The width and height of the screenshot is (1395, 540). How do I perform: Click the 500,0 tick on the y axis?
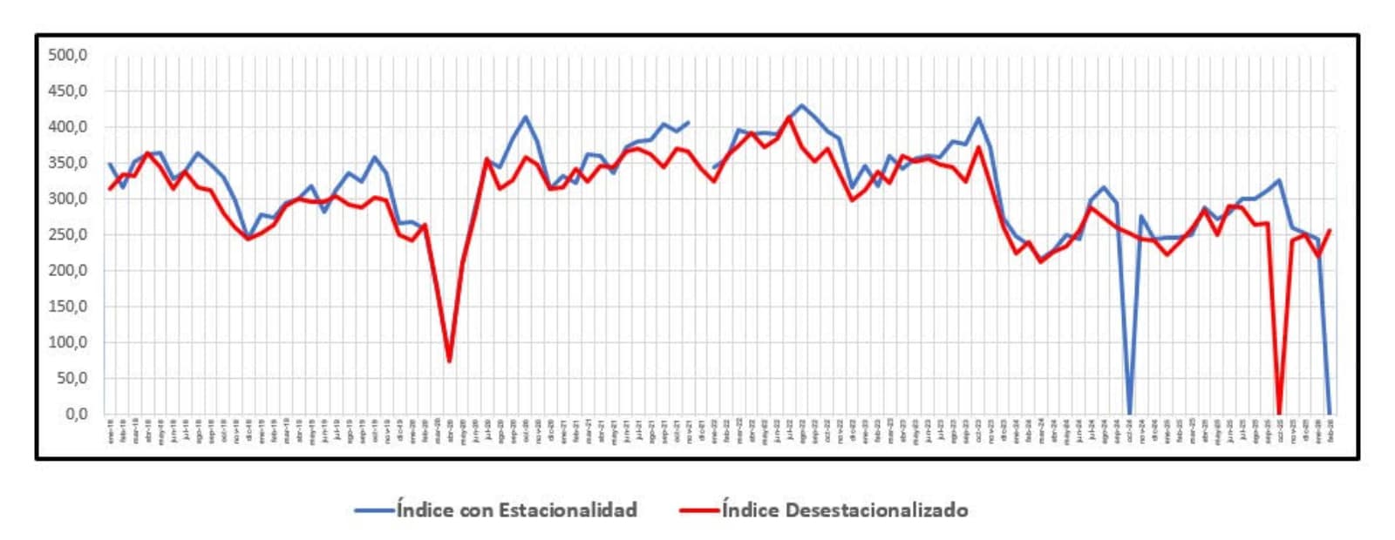pos(68,55)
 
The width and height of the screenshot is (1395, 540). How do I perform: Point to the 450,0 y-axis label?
pos(68,91)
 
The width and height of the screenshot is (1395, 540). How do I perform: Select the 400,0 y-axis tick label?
pos(68,127)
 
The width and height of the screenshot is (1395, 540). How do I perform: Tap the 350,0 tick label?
pos(68,163)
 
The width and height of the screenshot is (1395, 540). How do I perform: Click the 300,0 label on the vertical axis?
pos(68,199)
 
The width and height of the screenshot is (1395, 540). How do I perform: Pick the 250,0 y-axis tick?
pos(68,234)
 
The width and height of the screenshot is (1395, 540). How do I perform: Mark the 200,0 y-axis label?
pos(68,271)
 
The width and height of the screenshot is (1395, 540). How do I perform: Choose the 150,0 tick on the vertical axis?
pos(68,307)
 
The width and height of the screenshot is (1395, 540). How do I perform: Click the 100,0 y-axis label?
pos(68,342)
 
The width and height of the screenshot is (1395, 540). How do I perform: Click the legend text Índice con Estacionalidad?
pos(516,510)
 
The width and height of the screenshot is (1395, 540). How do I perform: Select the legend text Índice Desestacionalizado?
pos(844,510)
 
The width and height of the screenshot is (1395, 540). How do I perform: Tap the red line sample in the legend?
pos(698,510)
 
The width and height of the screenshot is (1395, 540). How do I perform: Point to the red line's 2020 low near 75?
pos(449,361)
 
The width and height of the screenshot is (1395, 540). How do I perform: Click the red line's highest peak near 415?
pos(790,117)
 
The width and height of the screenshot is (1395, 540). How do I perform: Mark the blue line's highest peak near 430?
pos(802,105)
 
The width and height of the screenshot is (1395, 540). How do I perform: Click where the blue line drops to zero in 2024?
pos(1129,413)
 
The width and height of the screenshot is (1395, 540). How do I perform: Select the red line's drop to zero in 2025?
pos(1279,413)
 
